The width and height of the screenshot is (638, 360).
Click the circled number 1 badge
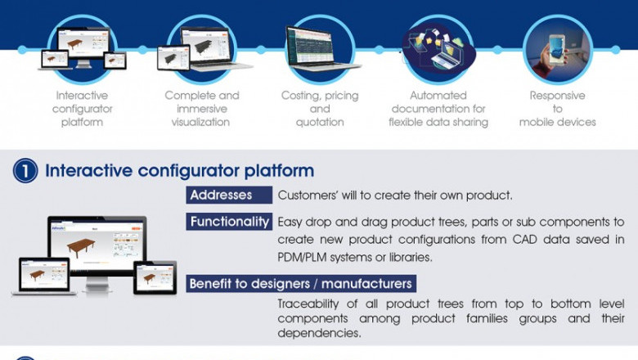click(x=25, y=171)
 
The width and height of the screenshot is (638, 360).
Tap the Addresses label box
click(x=230, y=195)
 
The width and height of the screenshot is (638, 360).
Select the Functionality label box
click(x=230, y=221)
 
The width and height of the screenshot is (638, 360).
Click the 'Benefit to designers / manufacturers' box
click(x=300, y=284)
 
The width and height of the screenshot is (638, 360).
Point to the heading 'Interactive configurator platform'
click(x=179, y=171)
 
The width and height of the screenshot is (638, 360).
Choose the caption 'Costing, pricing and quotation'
click(x=319, y=109)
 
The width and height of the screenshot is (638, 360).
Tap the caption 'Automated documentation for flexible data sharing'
click(x=438, y=109)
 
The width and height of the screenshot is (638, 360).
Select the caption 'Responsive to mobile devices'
click(x=557, y=109)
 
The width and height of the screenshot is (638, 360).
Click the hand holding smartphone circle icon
click(x=557, y=46)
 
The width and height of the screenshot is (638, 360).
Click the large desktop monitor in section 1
click(x=97, y=245)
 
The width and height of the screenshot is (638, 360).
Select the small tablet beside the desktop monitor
click(x=155, y=277)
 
